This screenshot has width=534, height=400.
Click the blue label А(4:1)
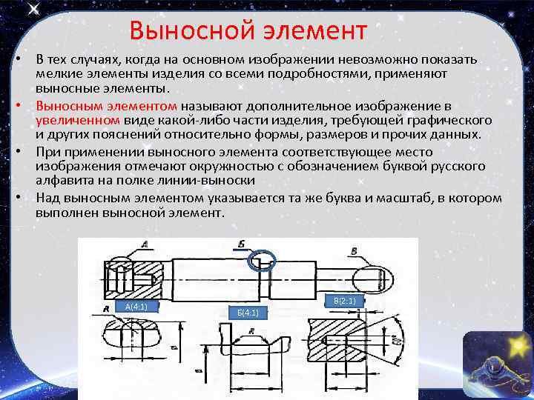point(136,306)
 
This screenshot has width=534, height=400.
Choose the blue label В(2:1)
point(345,301)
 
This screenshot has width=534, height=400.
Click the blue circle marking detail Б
point(262,260)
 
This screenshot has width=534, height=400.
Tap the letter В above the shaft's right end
point(355,251)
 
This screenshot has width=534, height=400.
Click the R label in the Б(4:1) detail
point(253,331)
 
